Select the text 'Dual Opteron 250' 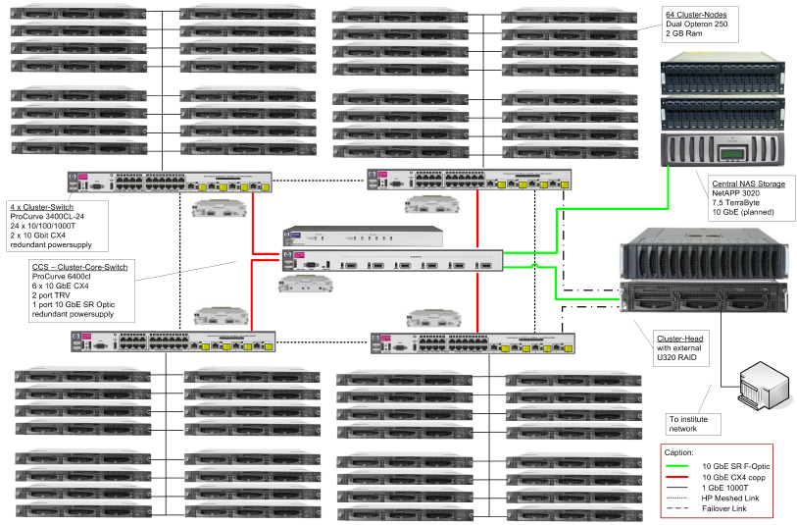(x=697, y=25)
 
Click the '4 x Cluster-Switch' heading (x=38, y=206)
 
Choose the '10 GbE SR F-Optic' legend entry (x=735, y=464)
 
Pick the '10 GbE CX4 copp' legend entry (x=734, y=476)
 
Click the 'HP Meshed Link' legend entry (x=731, y=498)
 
